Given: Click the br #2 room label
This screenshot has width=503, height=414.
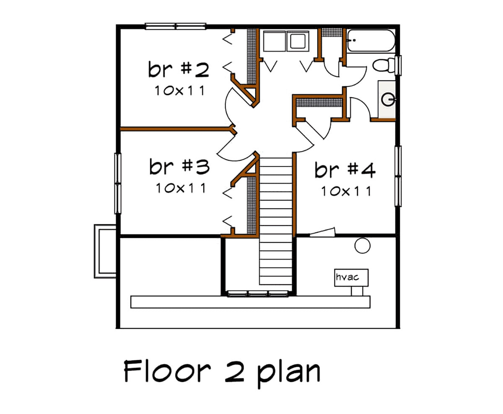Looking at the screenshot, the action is click(x=179, y=69).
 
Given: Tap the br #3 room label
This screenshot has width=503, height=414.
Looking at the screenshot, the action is click(x=179, y=167).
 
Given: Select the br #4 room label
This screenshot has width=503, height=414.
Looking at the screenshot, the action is click(x=345, y=170).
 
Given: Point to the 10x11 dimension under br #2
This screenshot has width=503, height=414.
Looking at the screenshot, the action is click(x=180, y=91).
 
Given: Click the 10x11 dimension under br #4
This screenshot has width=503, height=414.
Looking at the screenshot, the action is click(x=346, y=191).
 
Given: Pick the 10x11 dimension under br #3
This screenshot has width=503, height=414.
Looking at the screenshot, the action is click(x=181, y=188).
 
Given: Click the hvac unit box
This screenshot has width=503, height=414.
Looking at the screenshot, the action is click(x=351, y=278).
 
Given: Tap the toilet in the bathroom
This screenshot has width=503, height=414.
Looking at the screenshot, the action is click(x=384, y=64).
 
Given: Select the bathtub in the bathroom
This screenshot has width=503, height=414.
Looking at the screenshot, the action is click(x=371, y=41).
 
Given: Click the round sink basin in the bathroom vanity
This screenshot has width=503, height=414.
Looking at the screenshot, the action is click(x=388, y=99).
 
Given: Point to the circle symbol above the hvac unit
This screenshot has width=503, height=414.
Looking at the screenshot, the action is click(x=362, y=246).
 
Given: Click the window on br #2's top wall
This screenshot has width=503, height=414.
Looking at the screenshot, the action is click(x=176, y=26).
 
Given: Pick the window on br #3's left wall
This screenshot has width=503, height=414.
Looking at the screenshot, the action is click(x=118, y=183).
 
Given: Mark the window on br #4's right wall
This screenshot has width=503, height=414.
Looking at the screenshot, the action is click(x=398, y=176).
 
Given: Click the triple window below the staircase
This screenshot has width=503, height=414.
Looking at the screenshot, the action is click(x=258, y=294).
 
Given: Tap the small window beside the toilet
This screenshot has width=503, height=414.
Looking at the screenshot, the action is click(x=398, y=65).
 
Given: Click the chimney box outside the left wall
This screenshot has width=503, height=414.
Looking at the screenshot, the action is click(x=105, y=252).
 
